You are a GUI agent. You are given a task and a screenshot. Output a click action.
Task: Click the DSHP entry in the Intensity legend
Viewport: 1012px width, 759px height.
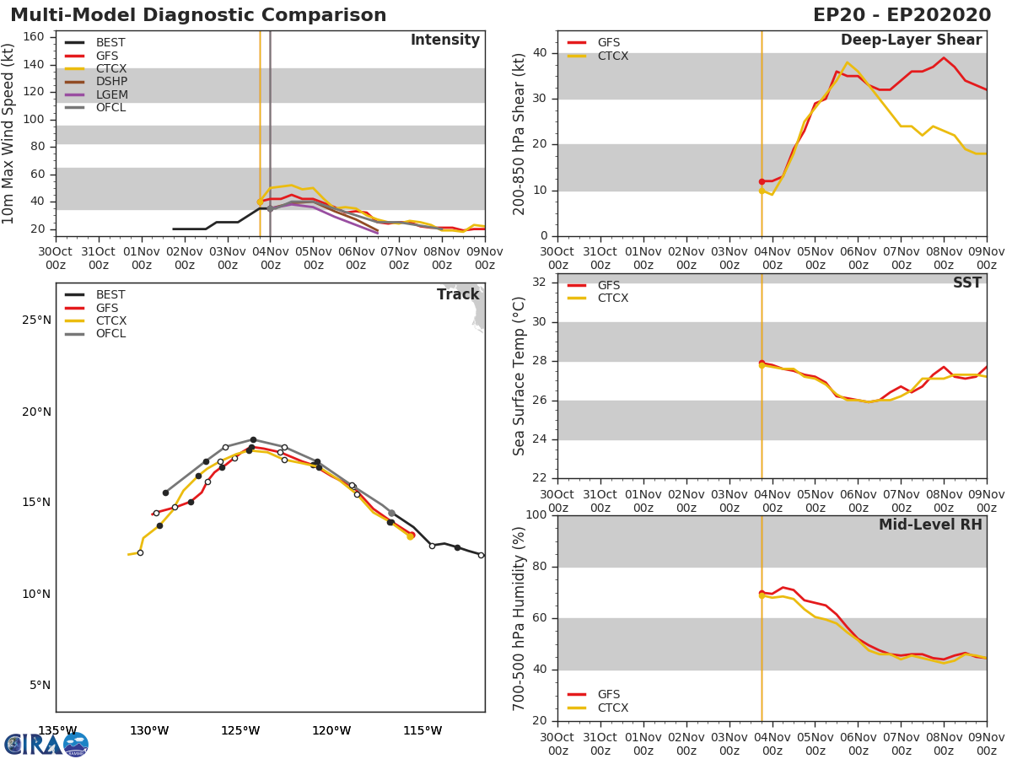pyautogui.click(x=111, y=82)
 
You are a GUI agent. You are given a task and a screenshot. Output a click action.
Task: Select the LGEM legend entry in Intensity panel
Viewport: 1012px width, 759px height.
pyautogui.click(x=111, y=94)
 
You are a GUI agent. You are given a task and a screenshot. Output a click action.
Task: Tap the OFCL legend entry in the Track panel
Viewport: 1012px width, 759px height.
pyautogui.click(x=110, y=334)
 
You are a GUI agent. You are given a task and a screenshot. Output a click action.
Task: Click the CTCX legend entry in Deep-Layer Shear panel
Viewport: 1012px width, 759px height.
pyautogui.click(x=613, y=56)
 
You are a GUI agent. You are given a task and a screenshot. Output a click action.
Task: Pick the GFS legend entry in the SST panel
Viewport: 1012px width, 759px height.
pyautogui.click(x=609, y=285)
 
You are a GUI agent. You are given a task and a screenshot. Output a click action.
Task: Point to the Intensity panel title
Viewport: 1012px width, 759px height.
pyautogui.click(x=445, y=40)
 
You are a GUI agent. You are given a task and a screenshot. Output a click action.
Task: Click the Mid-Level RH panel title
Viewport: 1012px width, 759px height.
pyautogui.click(x=930, y=525)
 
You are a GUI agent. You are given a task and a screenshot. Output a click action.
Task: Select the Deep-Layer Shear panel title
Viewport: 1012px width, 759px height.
pyautogui.click(x=912, y=40)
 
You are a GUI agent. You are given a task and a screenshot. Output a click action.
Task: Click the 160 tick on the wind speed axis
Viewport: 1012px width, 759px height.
pyautogui.click(x=34, y=37)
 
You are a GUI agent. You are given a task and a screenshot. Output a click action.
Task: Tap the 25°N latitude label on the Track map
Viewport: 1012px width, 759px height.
pyautogui.click(x=36, y=320)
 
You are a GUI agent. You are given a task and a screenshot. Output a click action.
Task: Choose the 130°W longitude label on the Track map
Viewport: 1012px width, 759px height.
pyautogui.click(x=149, y=730)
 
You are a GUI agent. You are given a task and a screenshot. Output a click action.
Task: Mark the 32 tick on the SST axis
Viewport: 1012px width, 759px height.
pyautogui.click(x=540, y=282)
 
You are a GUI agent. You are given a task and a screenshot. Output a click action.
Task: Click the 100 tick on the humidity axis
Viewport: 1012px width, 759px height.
pyautogui.click(x=536, y=514)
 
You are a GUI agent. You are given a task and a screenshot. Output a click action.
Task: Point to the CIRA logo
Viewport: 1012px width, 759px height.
pyautogui.click(x=46, y=744)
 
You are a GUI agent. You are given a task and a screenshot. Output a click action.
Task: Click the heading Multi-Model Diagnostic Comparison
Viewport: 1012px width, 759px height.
pyautogui.click(x=198, y=15)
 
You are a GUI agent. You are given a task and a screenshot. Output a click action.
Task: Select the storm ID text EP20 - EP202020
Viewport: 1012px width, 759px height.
pyautogui.click(x=902, y=15)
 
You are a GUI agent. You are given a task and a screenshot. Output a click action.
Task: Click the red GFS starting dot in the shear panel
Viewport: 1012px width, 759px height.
pyautogui.click(x=762, y=181)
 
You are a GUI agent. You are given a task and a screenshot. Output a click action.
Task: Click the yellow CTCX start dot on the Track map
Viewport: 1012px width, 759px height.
pyautogui.click(x=410, y=536)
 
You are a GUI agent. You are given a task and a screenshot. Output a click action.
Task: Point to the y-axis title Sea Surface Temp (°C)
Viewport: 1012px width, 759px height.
pyautogui.click(x=519, y=376)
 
